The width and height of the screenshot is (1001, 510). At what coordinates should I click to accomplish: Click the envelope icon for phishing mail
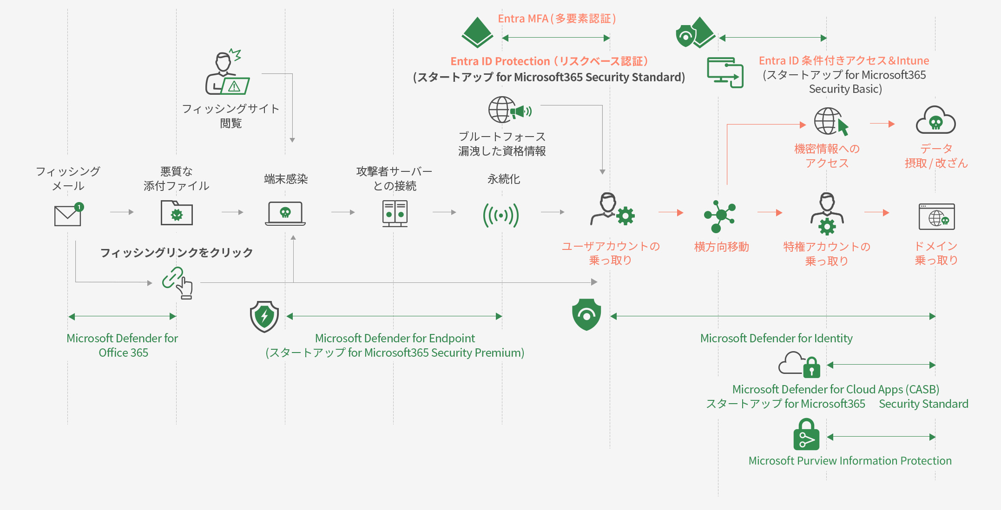point(68,215)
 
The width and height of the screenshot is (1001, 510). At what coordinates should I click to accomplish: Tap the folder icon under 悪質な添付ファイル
point(177,213)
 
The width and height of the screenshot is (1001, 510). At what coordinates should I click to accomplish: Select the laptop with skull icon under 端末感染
point(285,214)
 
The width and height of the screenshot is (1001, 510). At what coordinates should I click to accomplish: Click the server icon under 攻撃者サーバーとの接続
point(395,214)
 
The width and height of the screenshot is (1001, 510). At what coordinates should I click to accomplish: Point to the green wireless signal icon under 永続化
point(501,215)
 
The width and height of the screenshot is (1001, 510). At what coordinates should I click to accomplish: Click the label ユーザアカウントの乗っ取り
point(611,253)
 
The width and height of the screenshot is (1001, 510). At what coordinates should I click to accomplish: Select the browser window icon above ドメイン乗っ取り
point(936,216)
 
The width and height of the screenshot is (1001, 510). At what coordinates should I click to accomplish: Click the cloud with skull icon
point(935,121)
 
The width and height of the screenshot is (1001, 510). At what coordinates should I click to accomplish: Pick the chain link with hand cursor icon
point(178,282)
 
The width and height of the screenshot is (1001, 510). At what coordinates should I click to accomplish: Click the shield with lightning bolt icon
point(264,316)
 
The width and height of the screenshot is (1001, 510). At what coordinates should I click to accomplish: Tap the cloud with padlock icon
point(800,364)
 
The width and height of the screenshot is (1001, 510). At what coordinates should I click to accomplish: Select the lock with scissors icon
point(806,435)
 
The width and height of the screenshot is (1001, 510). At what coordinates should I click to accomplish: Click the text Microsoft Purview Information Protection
point(850,461)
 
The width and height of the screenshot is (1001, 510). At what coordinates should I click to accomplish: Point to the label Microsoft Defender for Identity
point(776,338)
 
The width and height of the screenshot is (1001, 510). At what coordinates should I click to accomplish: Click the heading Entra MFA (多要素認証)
point(557,19)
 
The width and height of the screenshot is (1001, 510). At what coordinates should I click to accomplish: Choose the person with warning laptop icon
point(227,73)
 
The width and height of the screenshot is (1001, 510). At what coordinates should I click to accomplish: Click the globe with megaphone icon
point(509,110)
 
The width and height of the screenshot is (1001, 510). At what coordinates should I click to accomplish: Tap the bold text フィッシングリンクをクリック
point(177,253)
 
